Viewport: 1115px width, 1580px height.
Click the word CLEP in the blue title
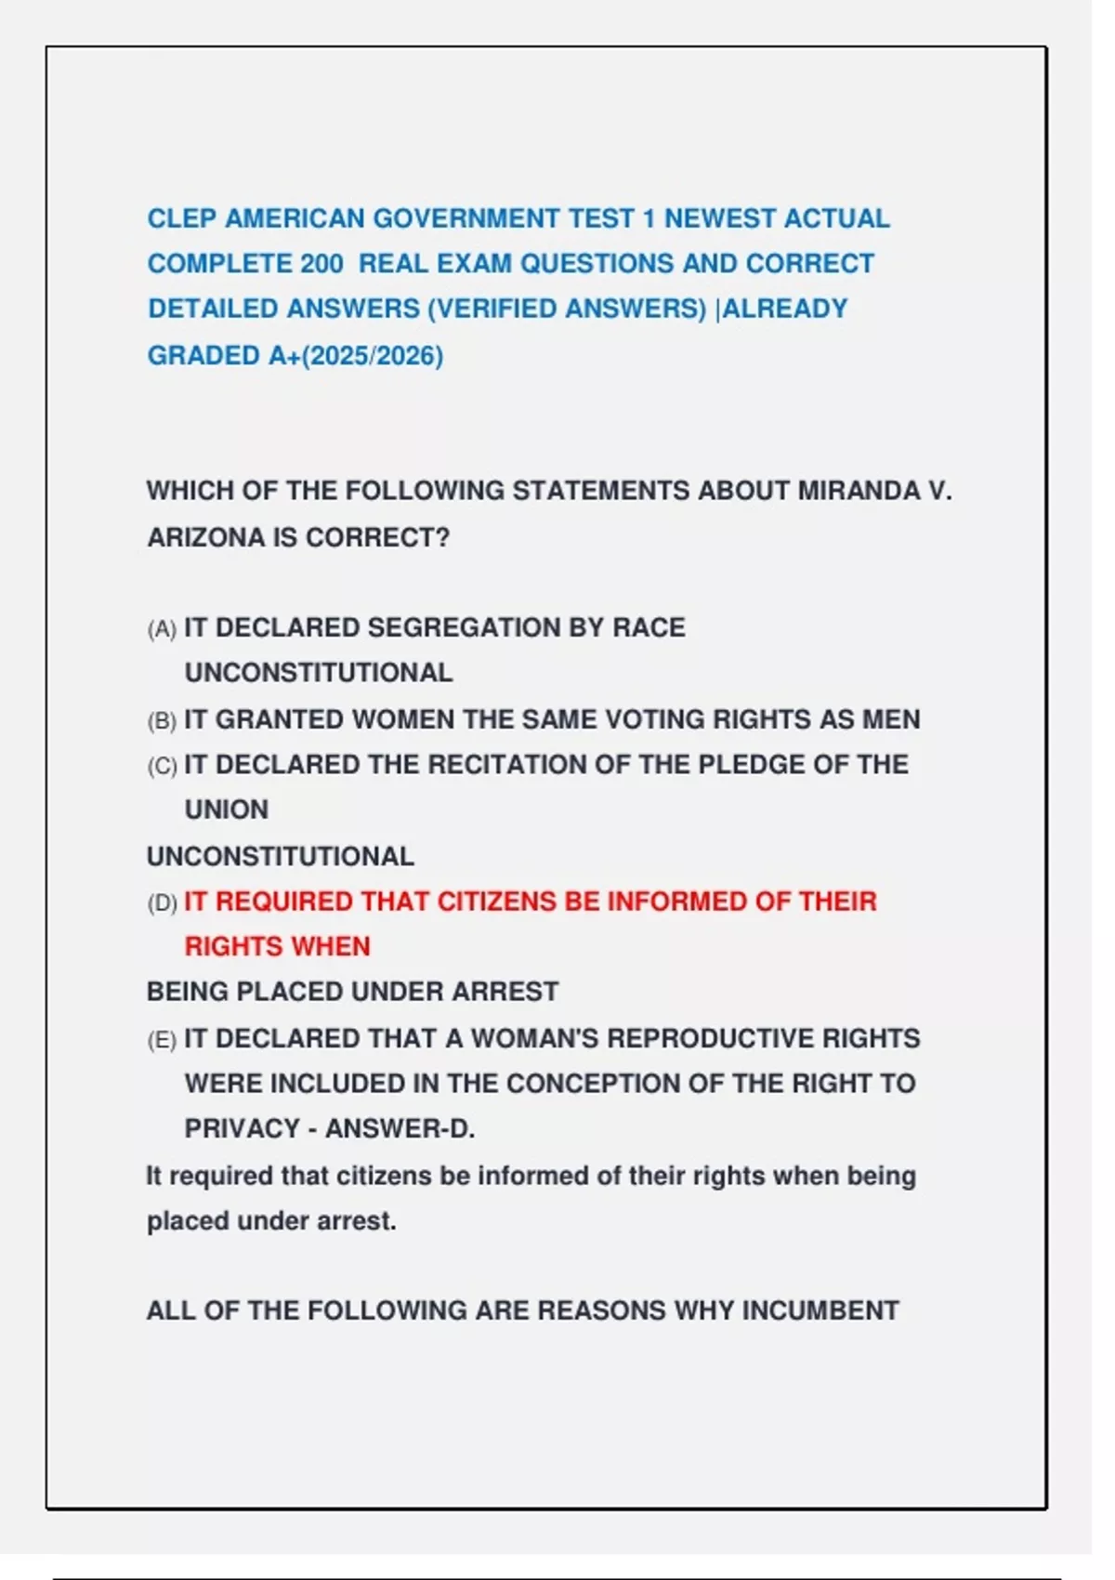tap(182, 218)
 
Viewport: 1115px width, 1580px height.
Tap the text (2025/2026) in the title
tap(372, 356)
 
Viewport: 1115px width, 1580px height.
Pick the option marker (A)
tap(162, 629)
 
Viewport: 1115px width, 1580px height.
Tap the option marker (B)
tap(162, 720)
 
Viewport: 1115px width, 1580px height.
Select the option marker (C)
tap(162, 766)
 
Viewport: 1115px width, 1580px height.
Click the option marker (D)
tap(162, 902)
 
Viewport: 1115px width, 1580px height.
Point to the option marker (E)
tap(162, 1040)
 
